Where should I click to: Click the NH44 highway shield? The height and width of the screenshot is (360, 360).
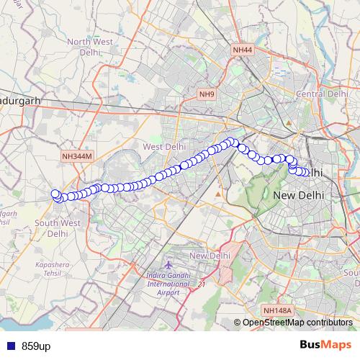[243, 50]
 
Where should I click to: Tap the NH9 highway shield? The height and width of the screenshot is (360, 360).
[207, 94]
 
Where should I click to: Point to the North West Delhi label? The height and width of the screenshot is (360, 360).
[90, 48]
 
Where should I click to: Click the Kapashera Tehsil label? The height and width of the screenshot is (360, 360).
[55, 269]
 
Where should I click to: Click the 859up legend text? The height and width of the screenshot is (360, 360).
[36, 346]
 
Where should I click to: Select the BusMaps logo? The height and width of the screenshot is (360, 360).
[326, 346]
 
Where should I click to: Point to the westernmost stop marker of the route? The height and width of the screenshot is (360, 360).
[55, 194]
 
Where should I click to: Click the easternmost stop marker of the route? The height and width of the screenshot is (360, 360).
[307, 173]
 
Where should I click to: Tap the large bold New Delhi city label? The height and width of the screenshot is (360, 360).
[300, 195]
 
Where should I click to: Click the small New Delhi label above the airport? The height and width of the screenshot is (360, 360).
[209, 256]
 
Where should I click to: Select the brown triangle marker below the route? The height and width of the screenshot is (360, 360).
[218, 194]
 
